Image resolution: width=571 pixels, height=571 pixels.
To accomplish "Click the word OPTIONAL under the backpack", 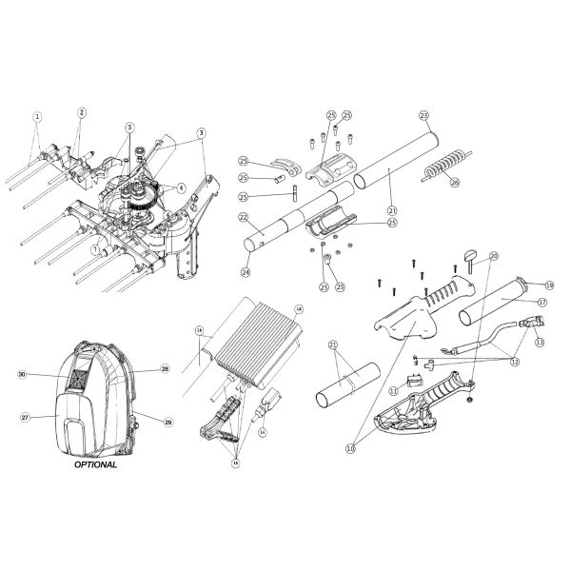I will point(96,465).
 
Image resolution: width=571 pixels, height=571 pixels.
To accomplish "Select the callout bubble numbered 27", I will point(27,416).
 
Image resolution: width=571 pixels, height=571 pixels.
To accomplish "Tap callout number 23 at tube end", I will point(423,115).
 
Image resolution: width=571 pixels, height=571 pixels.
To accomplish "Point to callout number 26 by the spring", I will point(454,182).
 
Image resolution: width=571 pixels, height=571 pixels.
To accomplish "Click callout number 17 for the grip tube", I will point(541,303).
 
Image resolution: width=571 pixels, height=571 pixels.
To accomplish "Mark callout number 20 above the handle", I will point(494,256).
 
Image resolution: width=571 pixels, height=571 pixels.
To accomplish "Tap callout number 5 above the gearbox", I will point(129,127).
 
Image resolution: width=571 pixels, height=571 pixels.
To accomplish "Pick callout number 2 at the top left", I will point(82,112).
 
